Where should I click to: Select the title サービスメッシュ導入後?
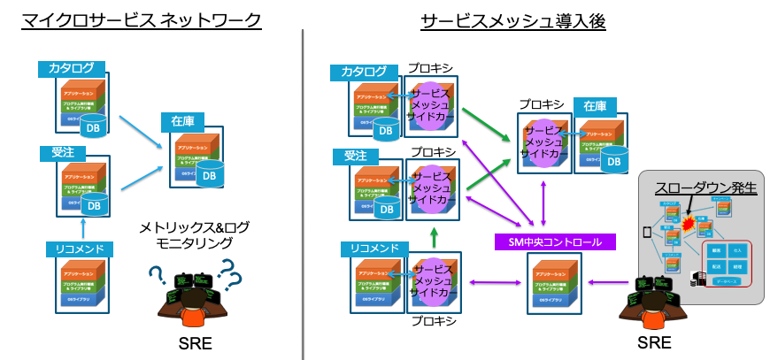tap(512, 19)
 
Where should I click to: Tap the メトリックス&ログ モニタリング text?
tap(194, 234)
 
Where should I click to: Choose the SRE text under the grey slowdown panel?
tap(654, 342)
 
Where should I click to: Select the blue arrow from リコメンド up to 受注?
tap(77, 228)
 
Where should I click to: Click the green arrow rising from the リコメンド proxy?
tap(435, 236)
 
